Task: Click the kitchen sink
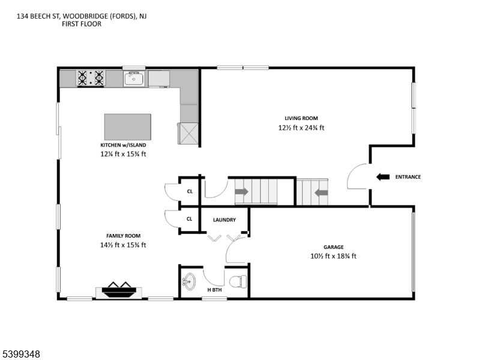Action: (133, 79)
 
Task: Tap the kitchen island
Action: (128, 127)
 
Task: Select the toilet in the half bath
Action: (238, 281)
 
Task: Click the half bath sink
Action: (190, 281)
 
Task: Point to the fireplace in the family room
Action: (119, 290)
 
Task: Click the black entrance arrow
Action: (383, 177)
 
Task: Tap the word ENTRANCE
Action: (408, 177)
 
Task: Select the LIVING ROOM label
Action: (301, 118)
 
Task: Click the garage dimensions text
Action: (333, 256)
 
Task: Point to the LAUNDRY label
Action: (224, 220)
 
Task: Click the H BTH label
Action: (214, 290)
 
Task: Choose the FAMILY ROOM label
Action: (124, 236)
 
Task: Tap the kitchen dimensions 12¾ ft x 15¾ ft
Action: (123, 154)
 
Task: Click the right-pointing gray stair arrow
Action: (241, 192)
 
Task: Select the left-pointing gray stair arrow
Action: (321, 193)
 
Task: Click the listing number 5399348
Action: (22, 354)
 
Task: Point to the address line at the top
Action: (82, 16)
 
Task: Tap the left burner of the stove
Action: (82, 78)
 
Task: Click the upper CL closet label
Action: (190, 191)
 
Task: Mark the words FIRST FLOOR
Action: (82, 24)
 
